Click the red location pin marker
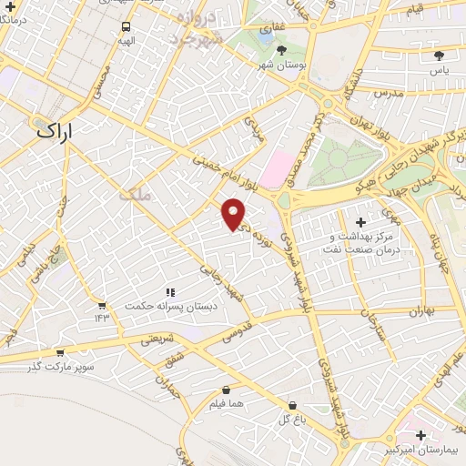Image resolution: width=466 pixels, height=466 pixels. click(x=234, y=213)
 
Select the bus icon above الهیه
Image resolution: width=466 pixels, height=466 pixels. click(x=126, y=26)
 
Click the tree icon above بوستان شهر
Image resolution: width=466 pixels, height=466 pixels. click(x=281, y=50)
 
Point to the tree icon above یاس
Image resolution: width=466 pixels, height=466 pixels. click(x=439, y=56)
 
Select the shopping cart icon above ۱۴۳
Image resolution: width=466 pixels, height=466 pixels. click(x=101, y=305)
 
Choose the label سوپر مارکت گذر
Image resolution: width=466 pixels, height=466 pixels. click(x=61, y=367)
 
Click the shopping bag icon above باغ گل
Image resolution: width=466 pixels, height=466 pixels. click(x=291, y=405)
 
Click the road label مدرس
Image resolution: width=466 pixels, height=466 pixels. click(x=390, y=93)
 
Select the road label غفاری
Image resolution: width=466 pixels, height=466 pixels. click(x=269, y=28)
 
